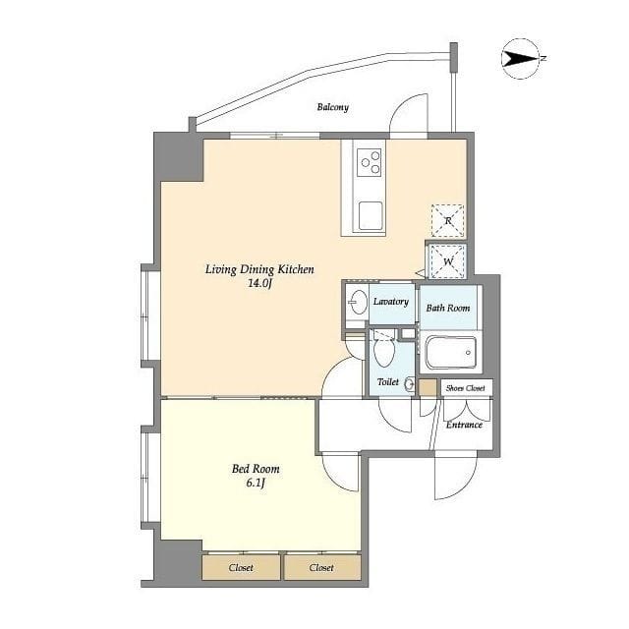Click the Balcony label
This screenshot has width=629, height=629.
[332, 107]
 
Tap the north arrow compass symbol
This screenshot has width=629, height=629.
[522, 59]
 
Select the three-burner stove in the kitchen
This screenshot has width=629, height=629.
[370, 162]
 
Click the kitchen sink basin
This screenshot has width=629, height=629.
[371, 216]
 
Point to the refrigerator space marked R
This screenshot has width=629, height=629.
[448, 220]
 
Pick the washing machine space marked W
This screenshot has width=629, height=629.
[448, 261]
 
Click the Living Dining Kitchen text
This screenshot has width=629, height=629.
[259, 269]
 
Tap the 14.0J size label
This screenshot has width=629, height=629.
[259, 284]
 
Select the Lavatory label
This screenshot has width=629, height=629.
[391, 302]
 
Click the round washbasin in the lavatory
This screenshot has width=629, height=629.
[358, 302]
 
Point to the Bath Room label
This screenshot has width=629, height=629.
[448, 308]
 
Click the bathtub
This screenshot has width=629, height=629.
[450, 353]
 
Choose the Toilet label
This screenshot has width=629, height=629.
[388, 382]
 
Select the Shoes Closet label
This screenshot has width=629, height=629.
[465, 388]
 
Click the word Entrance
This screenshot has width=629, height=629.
[464, 425]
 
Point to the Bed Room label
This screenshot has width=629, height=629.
[256, 469]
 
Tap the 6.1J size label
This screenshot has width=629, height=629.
[256, 483]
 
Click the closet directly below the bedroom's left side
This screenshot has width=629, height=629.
[241, 567]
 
